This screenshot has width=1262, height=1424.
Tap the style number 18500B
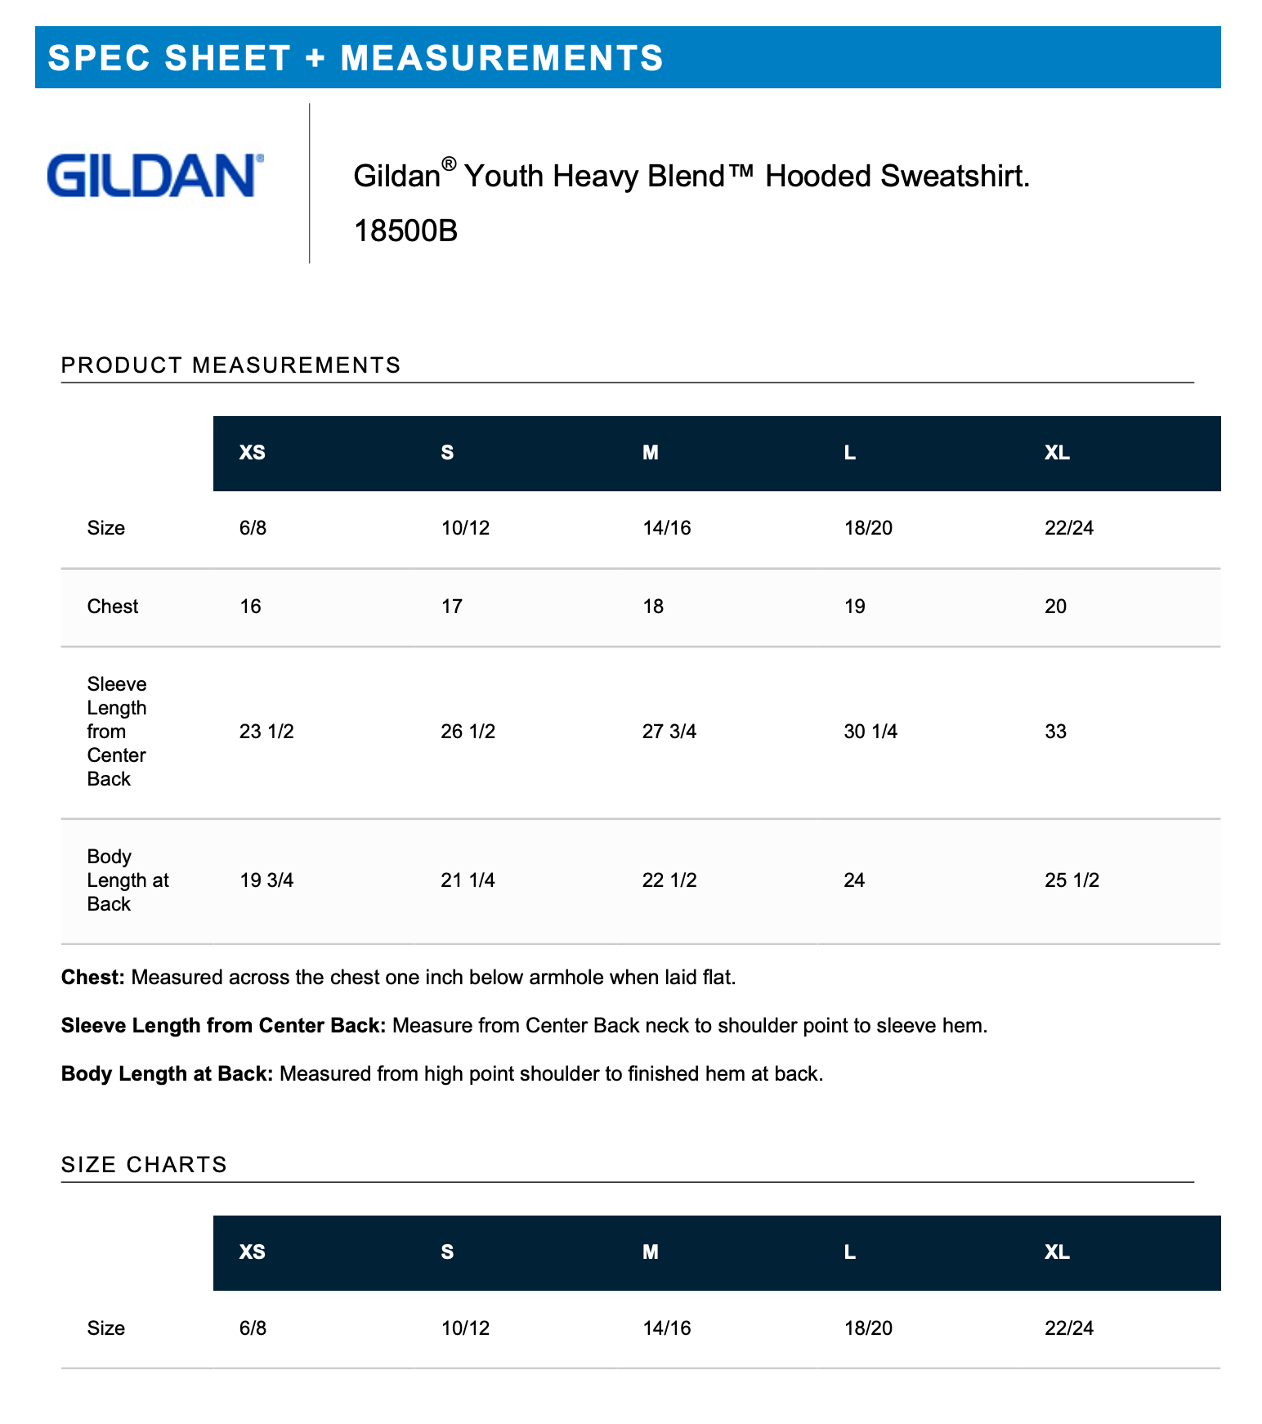pos(405,231)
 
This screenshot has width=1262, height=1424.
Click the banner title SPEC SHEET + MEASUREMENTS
pos(356,58)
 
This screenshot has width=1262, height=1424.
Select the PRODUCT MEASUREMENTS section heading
pos(230,365)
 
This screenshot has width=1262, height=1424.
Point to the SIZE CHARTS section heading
pos(144,1165)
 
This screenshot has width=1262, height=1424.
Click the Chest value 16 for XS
pos(250,607)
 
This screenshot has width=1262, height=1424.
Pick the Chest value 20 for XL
pos(1055,607)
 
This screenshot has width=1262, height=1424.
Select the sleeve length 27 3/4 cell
pos(669,732)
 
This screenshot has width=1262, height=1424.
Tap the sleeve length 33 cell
pos(1055,732)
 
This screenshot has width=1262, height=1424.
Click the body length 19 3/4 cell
pos(266,880)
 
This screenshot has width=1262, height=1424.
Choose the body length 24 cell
pos(854,880)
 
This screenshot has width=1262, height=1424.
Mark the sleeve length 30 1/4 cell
pos(870,732)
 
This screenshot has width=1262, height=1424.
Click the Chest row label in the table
pos(113,607)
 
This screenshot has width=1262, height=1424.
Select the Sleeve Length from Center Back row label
pos(117,732)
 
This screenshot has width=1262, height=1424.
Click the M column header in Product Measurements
pos(651,453)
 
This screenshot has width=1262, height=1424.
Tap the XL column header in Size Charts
pos(1057,1252)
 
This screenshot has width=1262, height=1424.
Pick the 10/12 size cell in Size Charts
pos(465,1328)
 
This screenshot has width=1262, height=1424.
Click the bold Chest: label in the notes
pos(93,978)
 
